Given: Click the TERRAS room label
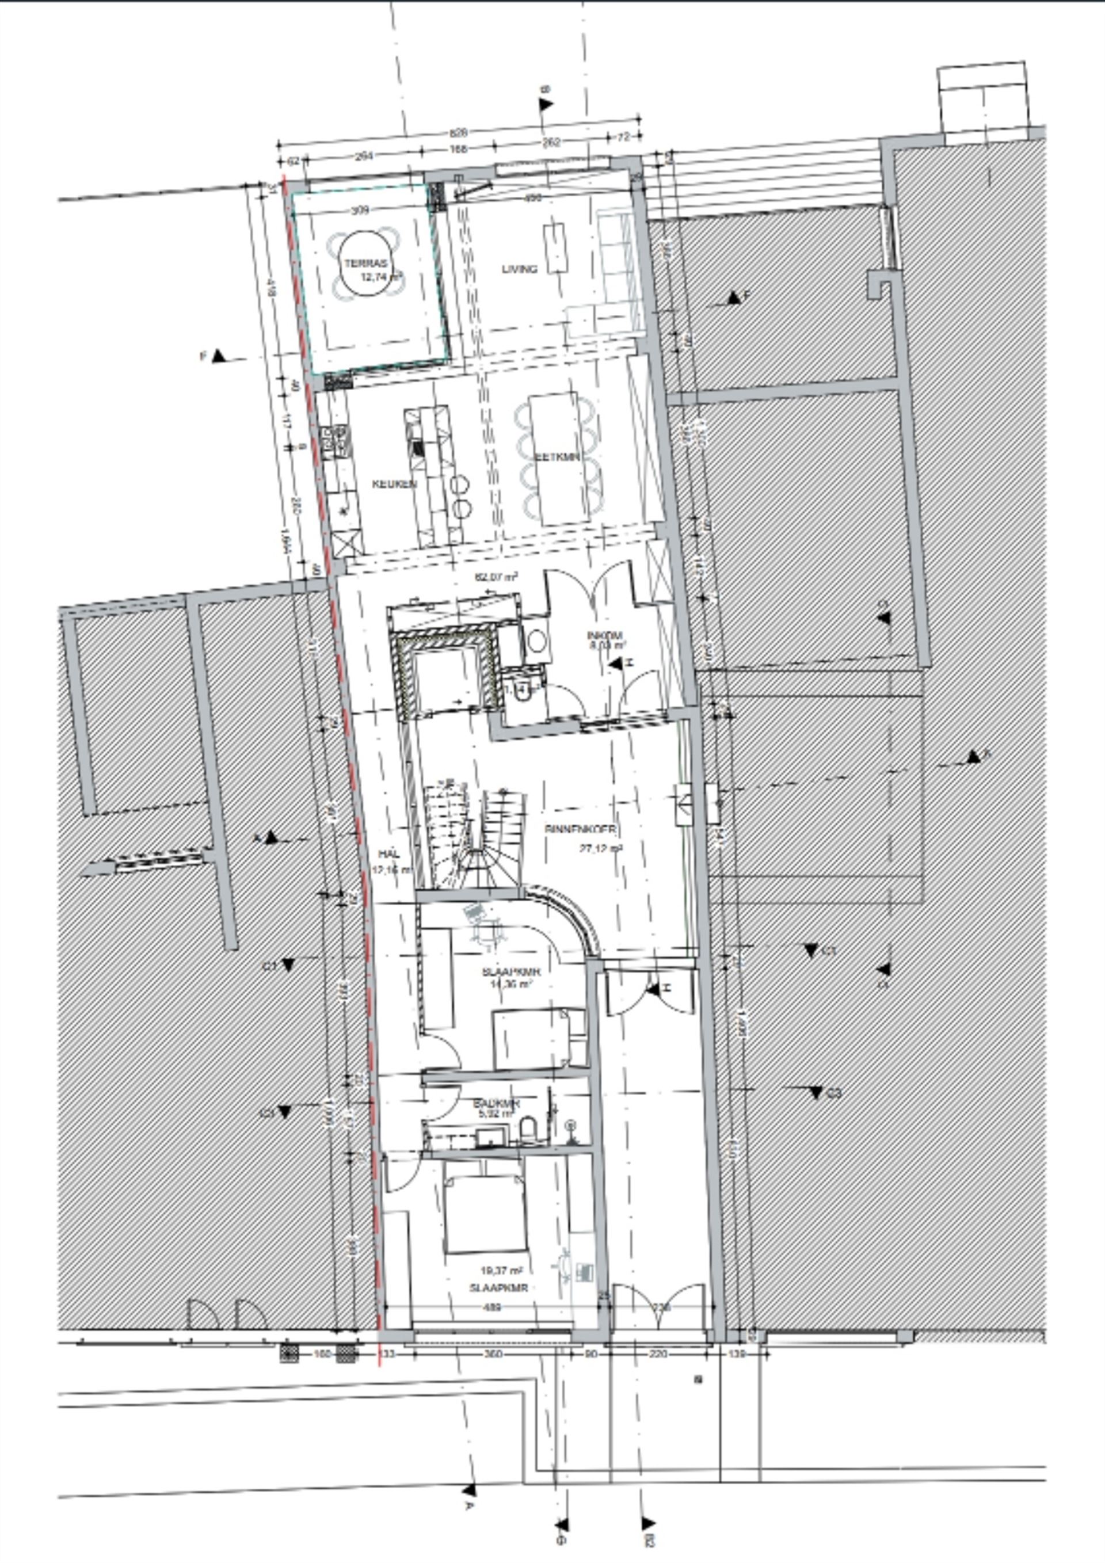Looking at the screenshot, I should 365,264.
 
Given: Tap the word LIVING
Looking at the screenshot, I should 520,269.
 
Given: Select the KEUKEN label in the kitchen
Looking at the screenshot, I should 394,484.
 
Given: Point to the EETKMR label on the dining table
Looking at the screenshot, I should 558,457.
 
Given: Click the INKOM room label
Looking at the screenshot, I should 604,635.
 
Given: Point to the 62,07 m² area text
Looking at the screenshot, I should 496,577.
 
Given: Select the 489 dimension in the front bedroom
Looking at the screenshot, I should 492,1307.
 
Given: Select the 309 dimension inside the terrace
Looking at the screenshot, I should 360,211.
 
